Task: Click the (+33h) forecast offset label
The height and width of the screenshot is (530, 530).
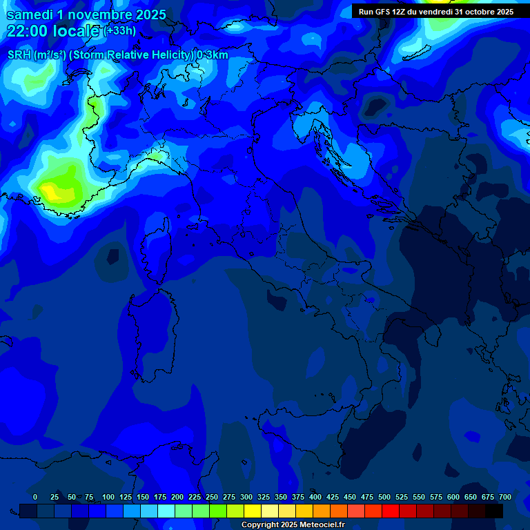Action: pos(121,31)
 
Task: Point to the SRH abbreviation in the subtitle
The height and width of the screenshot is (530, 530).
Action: pos(19,55)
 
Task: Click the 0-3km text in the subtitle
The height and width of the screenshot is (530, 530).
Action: pos(213,55)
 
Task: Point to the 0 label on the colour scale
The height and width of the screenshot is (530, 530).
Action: pos(35,497)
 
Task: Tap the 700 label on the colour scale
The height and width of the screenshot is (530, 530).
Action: pos(505,497)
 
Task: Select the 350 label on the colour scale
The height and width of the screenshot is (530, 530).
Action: pos(281,497)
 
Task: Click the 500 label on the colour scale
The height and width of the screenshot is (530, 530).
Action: pos(384,497)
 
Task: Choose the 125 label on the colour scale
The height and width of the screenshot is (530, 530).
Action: pos(126,497)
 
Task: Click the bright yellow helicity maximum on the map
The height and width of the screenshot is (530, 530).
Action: pos(50,188)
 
